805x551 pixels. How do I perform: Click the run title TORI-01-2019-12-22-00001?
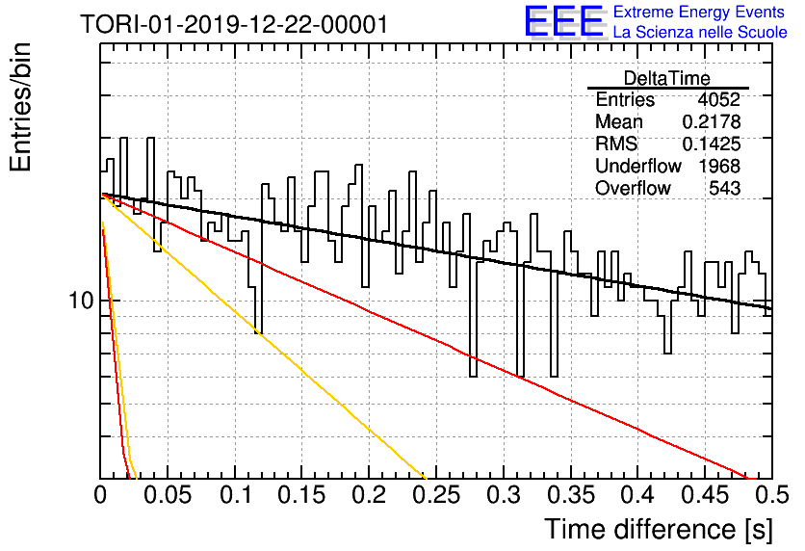click(x=234, y=24)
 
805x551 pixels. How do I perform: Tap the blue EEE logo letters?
click(x=563, y=21)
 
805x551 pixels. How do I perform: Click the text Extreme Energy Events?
click(x=699, y=12)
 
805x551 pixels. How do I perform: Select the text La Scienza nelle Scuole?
click(x=700, y=32)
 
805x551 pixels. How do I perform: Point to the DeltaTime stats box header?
click(x=667, y=78)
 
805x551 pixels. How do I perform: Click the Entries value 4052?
click(x=718, y=99)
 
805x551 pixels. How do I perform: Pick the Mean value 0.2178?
click(x=712, y=121)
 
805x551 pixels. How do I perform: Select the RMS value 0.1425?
click(x=712, y=144)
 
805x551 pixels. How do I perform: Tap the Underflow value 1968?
click(x=719, y=166)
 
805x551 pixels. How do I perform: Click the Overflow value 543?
click(x=725, y=188)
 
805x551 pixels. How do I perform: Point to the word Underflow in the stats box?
click(x=638, y=166)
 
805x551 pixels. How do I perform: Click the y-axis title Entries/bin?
click(x=20, y=107)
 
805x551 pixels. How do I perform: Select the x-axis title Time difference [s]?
click(x=659, y=530)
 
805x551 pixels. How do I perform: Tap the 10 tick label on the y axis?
click(x=81, y=300)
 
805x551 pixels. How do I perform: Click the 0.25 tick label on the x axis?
click(x=436, y=495)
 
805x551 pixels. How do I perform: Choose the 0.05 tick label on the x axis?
click(x=168, y=495)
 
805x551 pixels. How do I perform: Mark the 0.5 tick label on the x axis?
click(x=771, y=495)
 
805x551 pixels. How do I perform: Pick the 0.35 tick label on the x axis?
click(x=571, y=495)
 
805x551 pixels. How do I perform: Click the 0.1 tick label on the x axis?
click(x=235, y=495)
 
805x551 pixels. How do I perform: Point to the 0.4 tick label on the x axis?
click(x=637, y=495)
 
